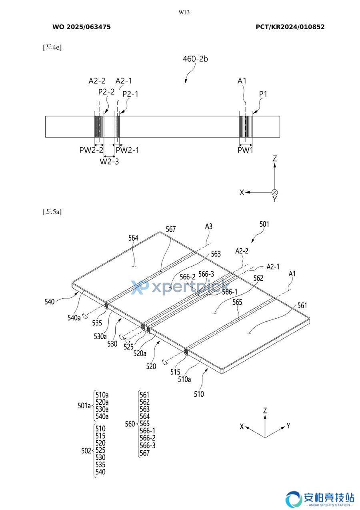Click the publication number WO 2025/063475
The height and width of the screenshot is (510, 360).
[x=82, y=27]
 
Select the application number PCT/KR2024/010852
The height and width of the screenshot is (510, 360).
[x=290, y=27]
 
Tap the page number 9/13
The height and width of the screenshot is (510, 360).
[x=184, y=12]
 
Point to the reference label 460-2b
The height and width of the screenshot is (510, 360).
[x=195, y=59]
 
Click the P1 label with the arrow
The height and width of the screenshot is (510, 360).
[x=263, y=94]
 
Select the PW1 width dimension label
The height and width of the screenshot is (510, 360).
[x=245, y=150]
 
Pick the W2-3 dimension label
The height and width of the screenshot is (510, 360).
[x=109, y=162]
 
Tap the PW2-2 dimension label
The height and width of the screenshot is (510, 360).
[x=91, y=150]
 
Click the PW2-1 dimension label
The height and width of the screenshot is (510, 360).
[x=127, y=150]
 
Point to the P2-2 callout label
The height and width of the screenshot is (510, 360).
[x=106, y=92]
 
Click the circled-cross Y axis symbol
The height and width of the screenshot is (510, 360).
[x=275, y=193]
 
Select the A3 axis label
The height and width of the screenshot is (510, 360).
[x=209, y=227]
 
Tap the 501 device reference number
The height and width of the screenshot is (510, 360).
[x=264, y=224]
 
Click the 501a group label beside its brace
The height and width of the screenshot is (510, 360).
[x=84, y=406]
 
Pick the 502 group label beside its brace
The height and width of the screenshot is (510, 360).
[x=86, y=451]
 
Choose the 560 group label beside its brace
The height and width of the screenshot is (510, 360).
[x=130, y=424]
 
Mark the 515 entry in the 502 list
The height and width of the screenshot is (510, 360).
[x=100, y=436]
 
